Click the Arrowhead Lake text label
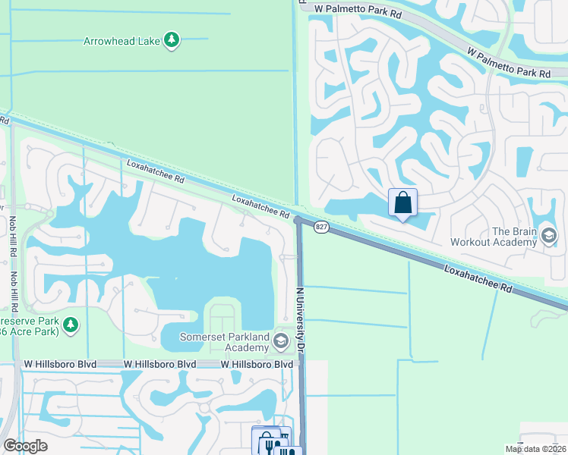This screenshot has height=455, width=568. tap(121, 41)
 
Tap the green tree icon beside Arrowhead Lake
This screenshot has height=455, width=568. tap(172, 39)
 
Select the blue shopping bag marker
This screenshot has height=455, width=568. tap(402, 203)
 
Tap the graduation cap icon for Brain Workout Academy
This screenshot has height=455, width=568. tap(549, 237)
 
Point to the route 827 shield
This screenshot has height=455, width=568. tap(321, 227)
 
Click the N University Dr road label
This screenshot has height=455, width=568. tap(300, 318)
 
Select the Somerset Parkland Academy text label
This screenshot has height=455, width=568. tap(225, 342)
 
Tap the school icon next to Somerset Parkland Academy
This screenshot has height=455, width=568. tap(280, 342)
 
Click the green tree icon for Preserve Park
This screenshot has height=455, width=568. tap(71, 325)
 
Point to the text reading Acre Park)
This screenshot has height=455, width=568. tap(37, 331)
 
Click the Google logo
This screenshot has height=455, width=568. tap(25, 446)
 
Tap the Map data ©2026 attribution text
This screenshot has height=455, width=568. tap(535, 449)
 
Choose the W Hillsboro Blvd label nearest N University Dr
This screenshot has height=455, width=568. tap(257, 365)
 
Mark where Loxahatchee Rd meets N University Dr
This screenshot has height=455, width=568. tap(298, 220)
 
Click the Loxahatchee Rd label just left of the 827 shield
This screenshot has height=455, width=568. tap(261, 207)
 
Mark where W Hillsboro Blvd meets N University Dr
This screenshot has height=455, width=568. tap(301, 365)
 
